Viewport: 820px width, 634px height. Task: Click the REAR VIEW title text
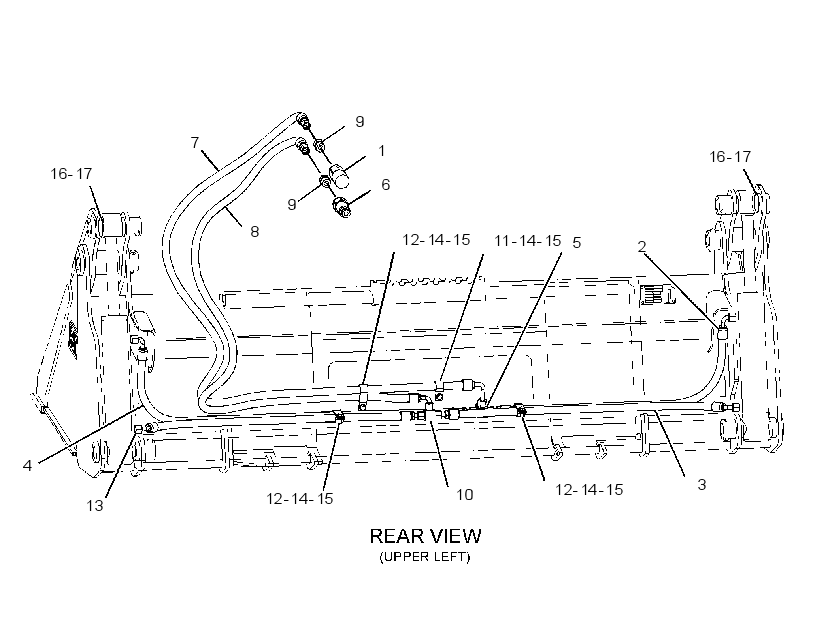click(x=425, y=536)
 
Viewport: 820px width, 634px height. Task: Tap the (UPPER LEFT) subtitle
click(x=425, y=557)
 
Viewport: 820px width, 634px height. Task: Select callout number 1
click(x=382, y=151)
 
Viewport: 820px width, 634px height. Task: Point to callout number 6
click(x=385, y=185)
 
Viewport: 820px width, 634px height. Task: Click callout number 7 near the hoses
click(x=195, y=142)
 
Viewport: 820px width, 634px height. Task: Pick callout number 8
click(x=255, y=232)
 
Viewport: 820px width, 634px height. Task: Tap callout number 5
click(x=577, y=243)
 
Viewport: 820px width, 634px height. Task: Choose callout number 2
click(x=642, y=246)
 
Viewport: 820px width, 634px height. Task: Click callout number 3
click(x=702, y=485)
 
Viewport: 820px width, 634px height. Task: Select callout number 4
click(x=27, y=466)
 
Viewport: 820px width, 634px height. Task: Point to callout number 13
click(x=95, y=506)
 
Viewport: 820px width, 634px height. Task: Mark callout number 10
click(x=464, y=495)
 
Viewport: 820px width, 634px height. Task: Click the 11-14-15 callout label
click(x=528, y=241)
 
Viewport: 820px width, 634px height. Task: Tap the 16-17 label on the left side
click(x=71, y=174)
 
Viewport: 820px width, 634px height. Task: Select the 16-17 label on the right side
click(x=730, y=156)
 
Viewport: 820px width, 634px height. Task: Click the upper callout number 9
click(x=360, y=121)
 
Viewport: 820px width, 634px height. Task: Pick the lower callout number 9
click(x=292, y=205)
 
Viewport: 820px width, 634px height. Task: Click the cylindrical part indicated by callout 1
click(x=339, y=176)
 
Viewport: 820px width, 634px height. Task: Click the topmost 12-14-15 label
click(x=436, y=240)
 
